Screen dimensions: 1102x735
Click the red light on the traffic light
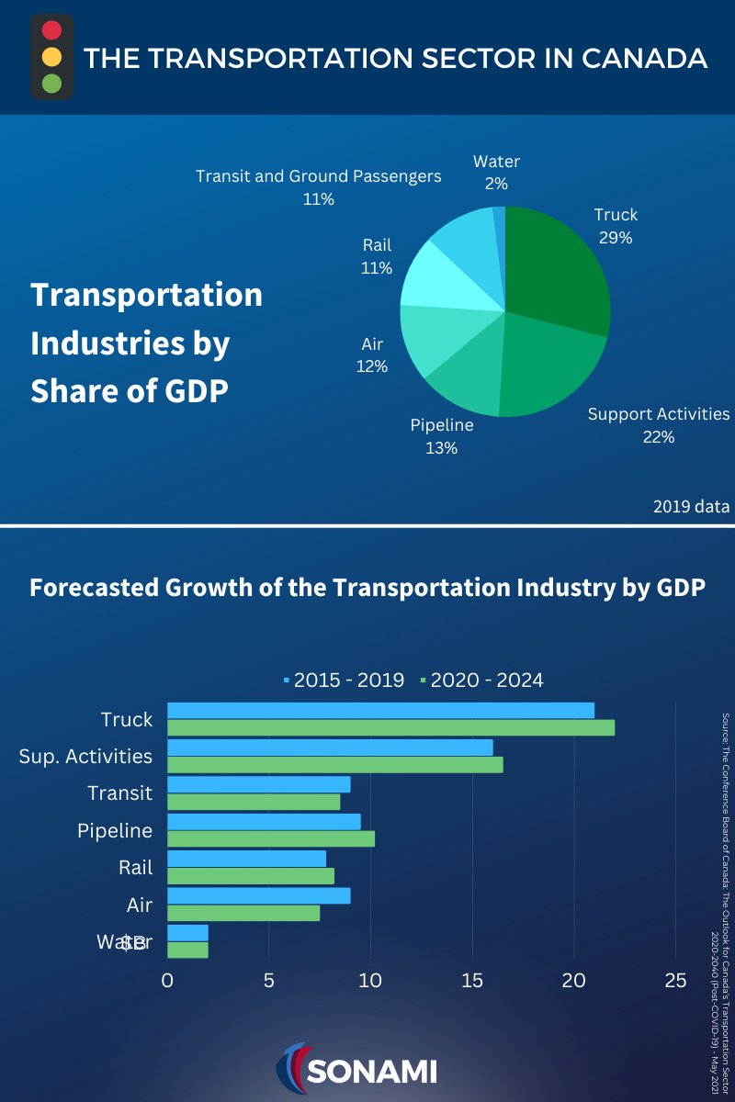pyautogui.click(x=51, y=29)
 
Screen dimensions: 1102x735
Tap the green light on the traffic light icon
pyautogui.click(x=51, y=84)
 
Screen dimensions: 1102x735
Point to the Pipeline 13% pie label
pyautogui.click(x=441, y=436)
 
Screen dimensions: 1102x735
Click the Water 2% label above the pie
pyautogui.click(x=496, y=172)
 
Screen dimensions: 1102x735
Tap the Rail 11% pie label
pyautogui.click(x=377, y=256)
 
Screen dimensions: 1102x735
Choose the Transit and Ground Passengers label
pyautogui.click(x=319, y=186)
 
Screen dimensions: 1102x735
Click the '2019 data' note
pyautogui.click(x=691, y=506)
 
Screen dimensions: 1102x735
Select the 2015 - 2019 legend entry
pyautogui.click(x=345, y=680)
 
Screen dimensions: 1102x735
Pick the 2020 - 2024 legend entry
pyautogui.click(x=482, y=680)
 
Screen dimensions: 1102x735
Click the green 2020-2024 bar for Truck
pyautogui.click(x=390, y=728)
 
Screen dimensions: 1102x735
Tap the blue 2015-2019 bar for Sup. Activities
pyautogui.click(x=330, y=748)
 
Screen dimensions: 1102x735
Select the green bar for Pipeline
pyautogui.click(x=271, y=838)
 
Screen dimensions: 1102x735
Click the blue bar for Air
pyautogui.click(x=258, y=895)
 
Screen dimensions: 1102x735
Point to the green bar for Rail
pyautogui.click(x=250, y=875)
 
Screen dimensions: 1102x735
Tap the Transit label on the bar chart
pyautogui.click(x=119, y=793)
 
